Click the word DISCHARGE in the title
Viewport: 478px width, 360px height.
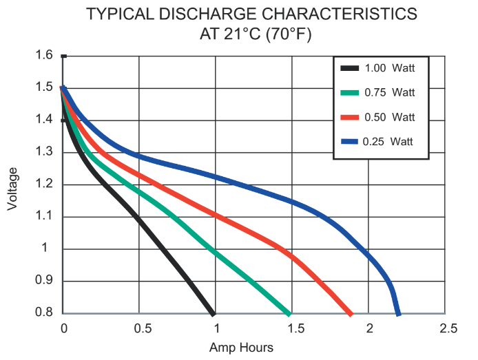(207, 14)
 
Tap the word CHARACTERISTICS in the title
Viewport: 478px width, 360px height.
(340, 14)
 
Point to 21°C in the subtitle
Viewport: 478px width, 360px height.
(242, 34)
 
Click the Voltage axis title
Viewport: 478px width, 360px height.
(12, 189)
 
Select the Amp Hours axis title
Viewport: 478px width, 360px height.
(241, 348)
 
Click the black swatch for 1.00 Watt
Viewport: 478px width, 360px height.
(349, 68)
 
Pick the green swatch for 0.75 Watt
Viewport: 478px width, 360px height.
(349, 93)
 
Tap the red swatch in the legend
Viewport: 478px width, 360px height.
(349, 117)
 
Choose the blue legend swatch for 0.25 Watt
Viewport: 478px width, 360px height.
(349, 142)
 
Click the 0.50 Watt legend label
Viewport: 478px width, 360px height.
(390, 117)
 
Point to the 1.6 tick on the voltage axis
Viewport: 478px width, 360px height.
(44, 55)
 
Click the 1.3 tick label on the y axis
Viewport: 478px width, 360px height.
(44, 151)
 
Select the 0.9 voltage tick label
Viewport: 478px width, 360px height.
(44, 280)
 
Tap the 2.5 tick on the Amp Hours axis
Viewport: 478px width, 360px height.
(448, 328)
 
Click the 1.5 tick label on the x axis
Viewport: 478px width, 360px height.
(295, 328)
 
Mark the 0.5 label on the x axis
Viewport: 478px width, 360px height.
(143, 328)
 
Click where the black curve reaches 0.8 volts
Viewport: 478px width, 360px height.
(213, 314)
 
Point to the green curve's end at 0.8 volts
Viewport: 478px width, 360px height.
(289, 314)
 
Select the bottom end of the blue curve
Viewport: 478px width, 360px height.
(398, 315)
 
